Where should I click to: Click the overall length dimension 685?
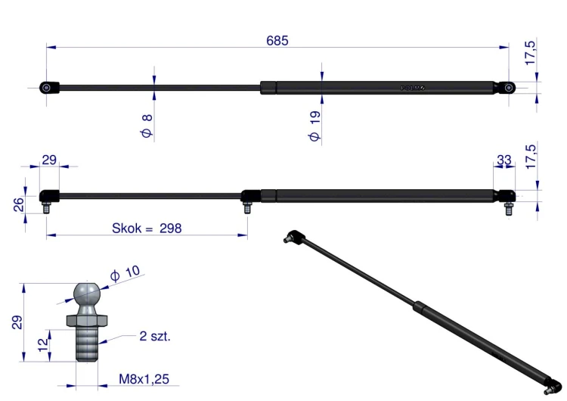(277, 41)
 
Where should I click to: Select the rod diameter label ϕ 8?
(147, 126)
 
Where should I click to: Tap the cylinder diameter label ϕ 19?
(314, 126)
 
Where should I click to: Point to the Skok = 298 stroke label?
(147, 228)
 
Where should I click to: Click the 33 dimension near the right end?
(503, 160)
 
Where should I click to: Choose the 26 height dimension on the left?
(18, 204)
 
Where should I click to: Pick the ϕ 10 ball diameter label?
(125, 273)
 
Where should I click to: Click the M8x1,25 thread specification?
(144, 379)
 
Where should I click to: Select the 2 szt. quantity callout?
(155, 336)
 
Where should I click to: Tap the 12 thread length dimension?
(42, 345)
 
